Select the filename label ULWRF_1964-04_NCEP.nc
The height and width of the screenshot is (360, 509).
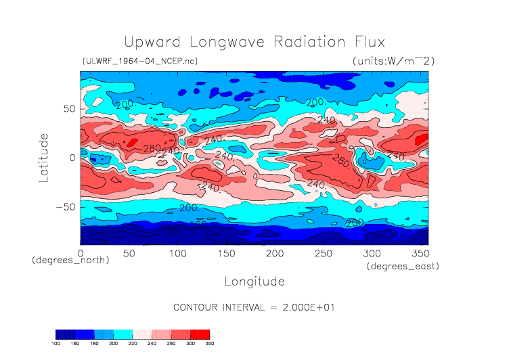139,61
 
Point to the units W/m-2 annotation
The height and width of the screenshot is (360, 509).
393,61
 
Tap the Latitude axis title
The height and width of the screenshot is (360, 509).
44,157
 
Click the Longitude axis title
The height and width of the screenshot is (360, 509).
254,281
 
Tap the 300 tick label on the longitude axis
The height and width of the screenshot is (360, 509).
371,253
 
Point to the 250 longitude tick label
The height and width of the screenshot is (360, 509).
322,253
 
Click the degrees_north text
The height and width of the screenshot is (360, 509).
70,261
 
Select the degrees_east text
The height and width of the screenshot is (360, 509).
403,267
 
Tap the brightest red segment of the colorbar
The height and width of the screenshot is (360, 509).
200,334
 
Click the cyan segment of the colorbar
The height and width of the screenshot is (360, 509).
123,334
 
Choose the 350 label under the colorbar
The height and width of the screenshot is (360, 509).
208,344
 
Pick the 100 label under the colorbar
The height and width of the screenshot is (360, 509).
56,344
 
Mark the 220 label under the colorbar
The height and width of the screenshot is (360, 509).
133,344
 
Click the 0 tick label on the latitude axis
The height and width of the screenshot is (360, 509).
72,158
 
